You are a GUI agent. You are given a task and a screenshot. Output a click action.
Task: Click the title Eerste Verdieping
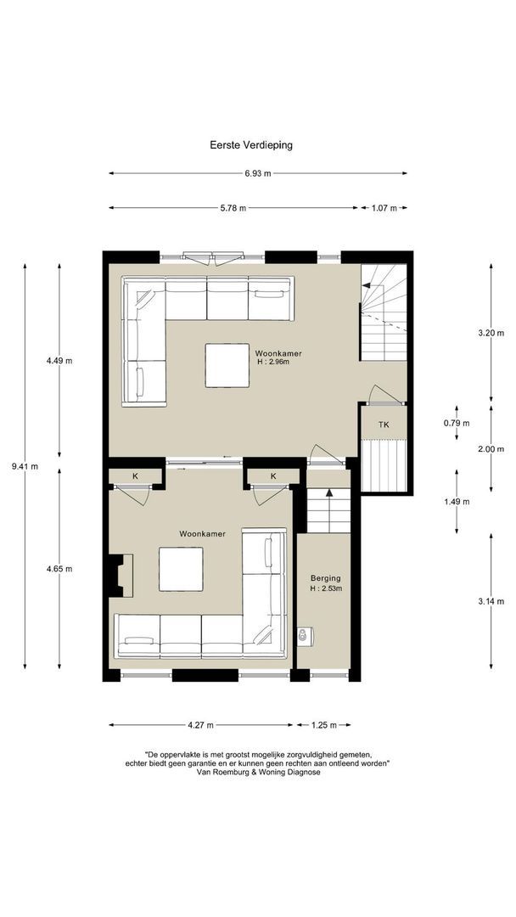[x=251, y=145]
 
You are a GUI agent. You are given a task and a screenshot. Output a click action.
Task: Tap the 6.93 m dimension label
[x=258, y=173]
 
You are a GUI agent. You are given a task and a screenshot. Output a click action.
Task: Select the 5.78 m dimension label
[x=233, y=208]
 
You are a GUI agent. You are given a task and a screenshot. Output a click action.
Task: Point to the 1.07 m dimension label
[x=384, y=208]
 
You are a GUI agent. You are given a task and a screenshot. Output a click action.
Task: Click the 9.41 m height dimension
[x=25, y=466]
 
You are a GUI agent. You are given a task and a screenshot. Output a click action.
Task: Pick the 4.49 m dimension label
[x=59, y=360]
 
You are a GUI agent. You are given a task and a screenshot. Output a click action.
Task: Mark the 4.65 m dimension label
[x=59, y=568]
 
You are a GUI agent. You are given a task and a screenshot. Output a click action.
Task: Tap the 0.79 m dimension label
[x=457, y=424]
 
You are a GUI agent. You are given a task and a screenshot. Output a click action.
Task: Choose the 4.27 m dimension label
[x=200, y=725]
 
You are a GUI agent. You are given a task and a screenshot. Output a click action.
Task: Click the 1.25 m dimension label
[x=323, y=725]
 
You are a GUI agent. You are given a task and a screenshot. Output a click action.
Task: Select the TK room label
[x=384, y=425]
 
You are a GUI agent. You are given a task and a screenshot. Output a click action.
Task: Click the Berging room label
[x=326, y=578]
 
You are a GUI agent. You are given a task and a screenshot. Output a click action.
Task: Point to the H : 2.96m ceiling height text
[x=273, y=362]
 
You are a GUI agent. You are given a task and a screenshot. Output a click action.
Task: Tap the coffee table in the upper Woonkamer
[x=227, y=365]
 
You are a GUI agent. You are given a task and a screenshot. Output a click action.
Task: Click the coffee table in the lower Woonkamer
[x=181, y=569]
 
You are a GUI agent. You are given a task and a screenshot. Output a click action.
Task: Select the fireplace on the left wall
[x=121, y=576]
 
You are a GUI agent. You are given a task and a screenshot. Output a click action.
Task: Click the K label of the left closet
[x=135, y=476]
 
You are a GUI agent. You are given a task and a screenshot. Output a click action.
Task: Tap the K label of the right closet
[x=273, y=476]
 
